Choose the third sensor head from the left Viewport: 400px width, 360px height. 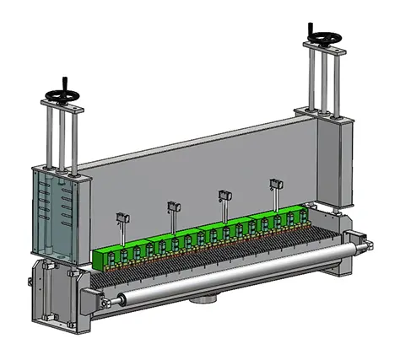pyautogui.click(x=224, y=194)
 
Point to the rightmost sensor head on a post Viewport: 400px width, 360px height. pyautogui.click(x=273, y=182)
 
